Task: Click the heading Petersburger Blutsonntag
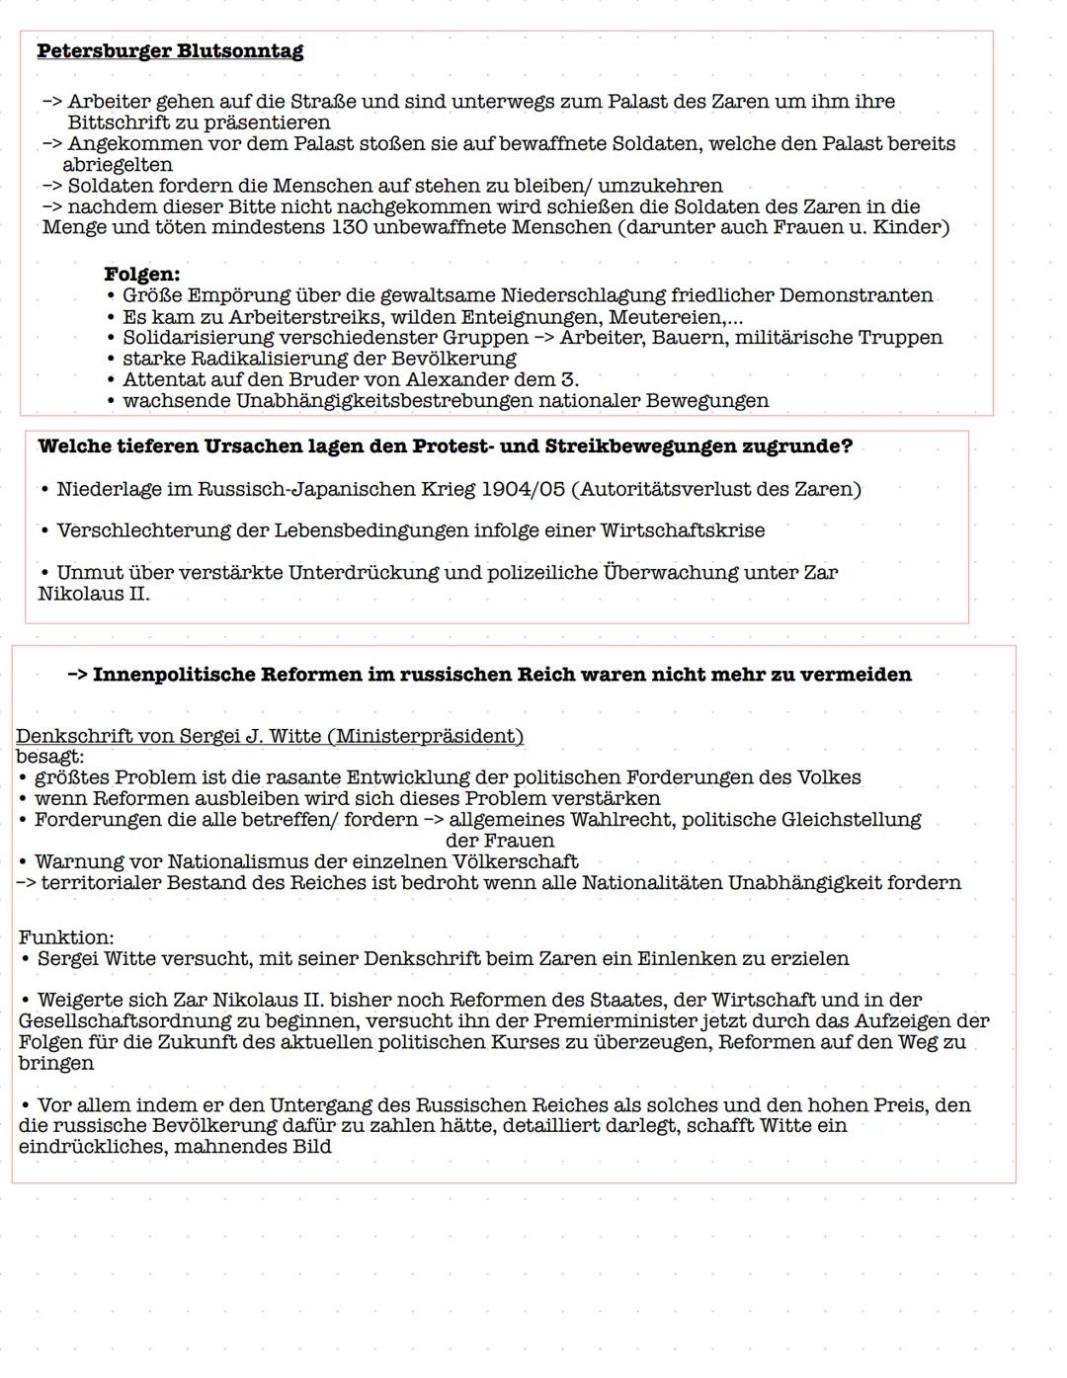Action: point(170,51)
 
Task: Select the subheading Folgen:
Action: point(142,275)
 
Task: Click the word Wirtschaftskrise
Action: point(682,531)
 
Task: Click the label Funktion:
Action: point(66,937)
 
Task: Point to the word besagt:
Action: point(49,758)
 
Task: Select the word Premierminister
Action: point(615,1021)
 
